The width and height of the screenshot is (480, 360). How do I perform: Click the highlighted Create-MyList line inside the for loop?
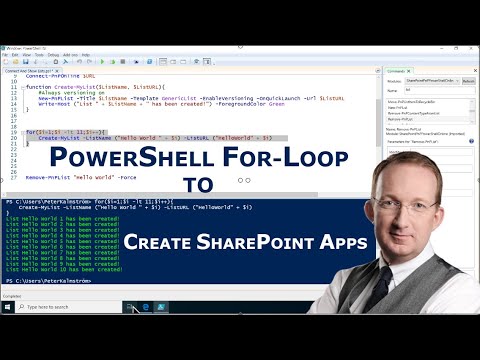pyautogui.click(x=150, y=138)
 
